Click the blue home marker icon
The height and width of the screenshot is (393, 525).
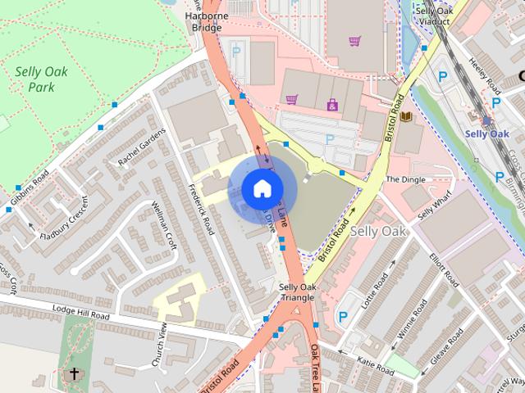[x=261, y=188]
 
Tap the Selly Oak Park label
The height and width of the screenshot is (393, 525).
[x=41, y=79]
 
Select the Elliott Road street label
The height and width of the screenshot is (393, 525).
[x=444, y=268]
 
